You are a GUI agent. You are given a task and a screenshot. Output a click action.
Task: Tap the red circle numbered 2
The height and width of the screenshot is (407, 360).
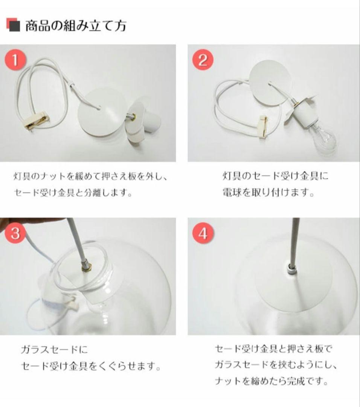[203, 60]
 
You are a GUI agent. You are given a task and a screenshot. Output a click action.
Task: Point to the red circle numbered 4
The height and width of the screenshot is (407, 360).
[203, 233]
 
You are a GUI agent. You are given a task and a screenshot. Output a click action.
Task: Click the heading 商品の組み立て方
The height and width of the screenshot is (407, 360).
[76, 26]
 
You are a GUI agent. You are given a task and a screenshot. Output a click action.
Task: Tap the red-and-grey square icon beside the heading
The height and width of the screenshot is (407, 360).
[13, 25]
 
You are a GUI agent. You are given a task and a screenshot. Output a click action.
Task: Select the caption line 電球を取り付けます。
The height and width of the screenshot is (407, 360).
[268, 193]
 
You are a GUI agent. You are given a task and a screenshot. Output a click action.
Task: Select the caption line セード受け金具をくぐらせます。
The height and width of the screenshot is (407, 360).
[90, 366]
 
